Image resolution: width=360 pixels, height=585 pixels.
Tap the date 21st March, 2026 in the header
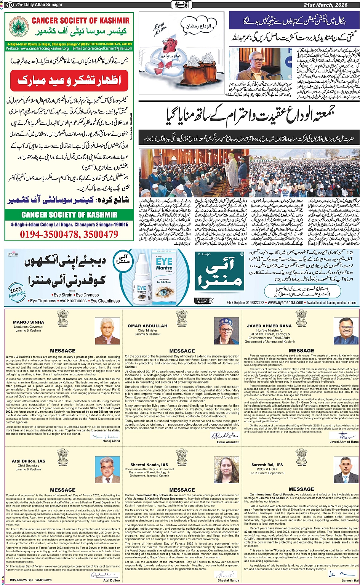(331, 5)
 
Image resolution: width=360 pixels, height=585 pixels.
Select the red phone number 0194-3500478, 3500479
(69, 234)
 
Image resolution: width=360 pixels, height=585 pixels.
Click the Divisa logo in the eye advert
(13, 253)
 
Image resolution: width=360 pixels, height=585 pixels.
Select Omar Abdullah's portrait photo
(227, 331)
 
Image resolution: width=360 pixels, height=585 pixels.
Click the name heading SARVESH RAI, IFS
(267, 465)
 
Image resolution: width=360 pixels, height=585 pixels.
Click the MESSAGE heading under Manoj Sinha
(63, 351)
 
